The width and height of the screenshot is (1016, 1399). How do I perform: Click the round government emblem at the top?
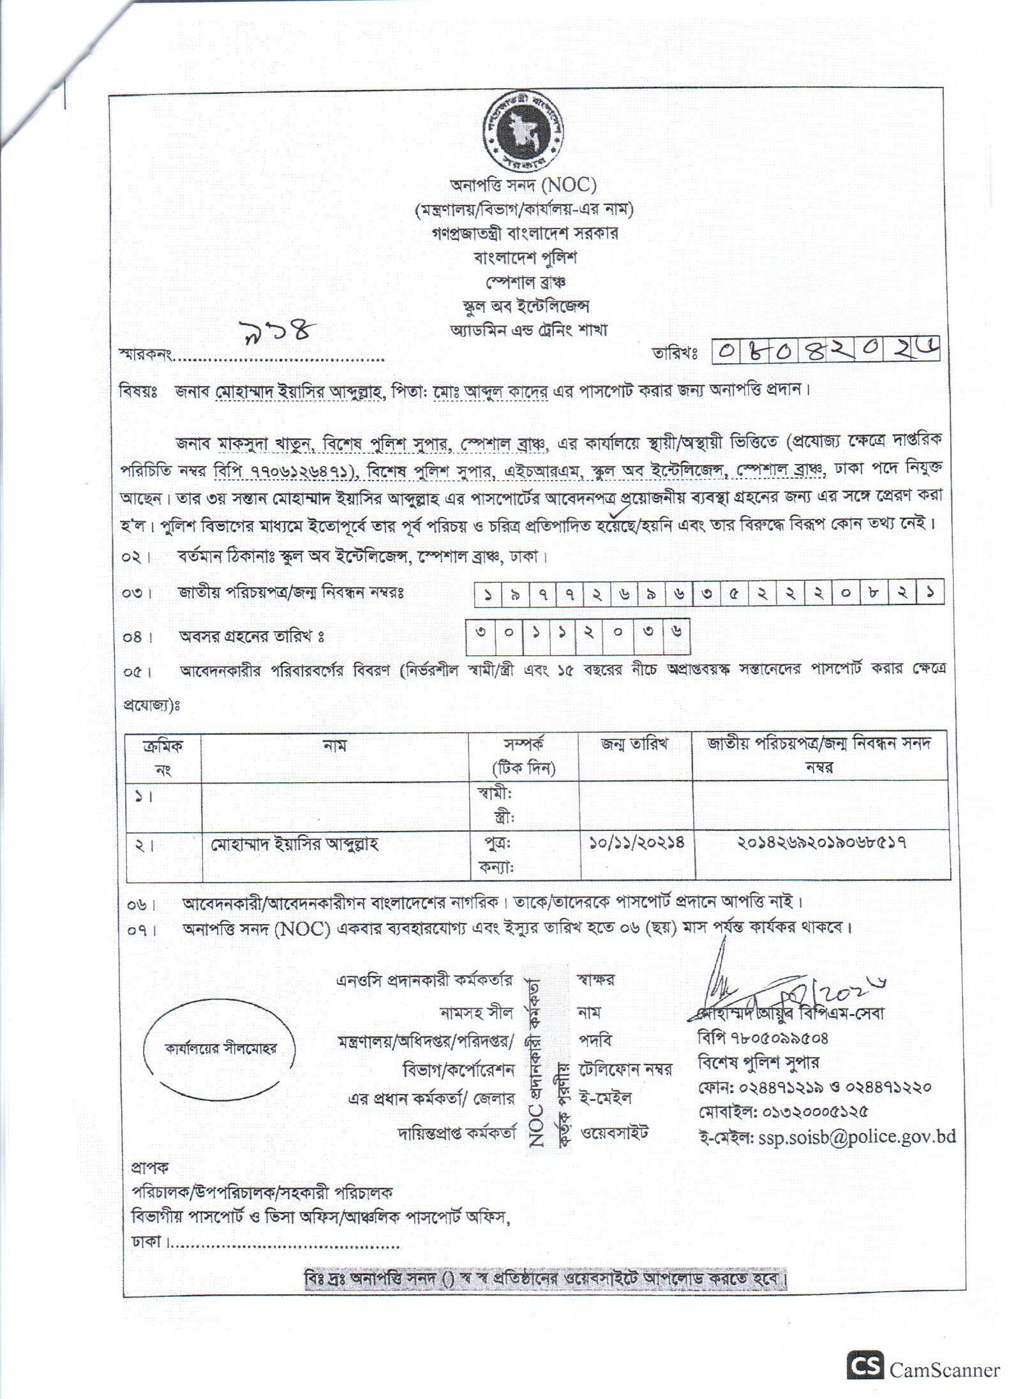523,131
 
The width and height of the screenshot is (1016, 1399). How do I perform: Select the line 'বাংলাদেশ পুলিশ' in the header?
523,258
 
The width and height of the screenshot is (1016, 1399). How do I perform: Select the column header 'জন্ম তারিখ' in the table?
634,745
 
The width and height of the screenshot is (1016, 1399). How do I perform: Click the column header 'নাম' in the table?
334,745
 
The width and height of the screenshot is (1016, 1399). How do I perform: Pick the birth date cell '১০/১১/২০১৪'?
633,842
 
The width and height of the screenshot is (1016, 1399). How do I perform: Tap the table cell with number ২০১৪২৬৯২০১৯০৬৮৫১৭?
821,842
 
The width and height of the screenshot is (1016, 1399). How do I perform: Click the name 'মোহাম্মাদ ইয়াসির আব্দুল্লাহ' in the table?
295,844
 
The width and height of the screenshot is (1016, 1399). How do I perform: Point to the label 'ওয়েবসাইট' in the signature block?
614,1133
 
